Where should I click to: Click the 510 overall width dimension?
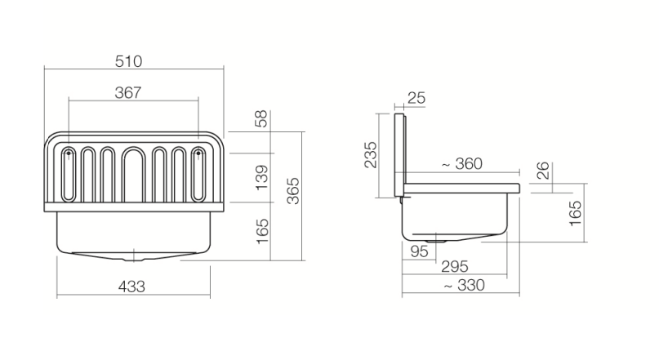coord(128,61)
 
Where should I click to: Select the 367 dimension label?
coord(128,92)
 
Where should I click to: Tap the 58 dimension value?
coord(261,118)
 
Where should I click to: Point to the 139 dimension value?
coord(261,178)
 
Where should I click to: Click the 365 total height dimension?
coord(293,191)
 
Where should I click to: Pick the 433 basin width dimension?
coord(131,287)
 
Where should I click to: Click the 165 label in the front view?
coord(262,231)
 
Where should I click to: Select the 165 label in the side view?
coord(575,213)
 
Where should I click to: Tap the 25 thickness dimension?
coord(416,98)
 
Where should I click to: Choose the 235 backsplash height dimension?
coord(370,155)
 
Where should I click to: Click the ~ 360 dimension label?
coord(462,164)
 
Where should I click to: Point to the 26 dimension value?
coord(543,171)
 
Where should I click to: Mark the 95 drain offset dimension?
coord(419,251)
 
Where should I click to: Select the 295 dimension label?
coord(455,266)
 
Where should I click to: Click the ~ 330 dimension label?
coord(465,285)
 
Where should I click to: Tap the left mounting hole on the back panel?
coord(69,153)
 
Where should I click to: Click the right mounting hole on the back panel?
coord(198,153)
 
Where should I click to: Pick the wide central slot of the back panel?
coord(134,175)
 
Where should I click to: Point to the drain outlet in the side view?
coord(436,241)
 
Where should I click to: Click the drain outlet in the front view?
coord(134,259)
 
